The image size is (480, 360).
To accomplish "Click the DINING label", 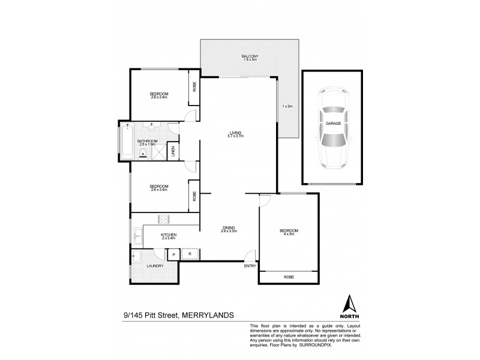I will pos(229,227).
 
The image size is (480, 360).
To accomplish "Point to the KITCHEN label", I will pos(167,234).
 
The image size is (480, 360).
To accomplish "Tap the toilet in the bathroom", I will pos(152,127).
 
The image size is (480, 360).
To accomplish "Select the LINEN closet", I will pos(174,152).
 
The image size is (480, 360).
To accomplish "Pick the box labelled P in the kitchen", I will pos(173,254).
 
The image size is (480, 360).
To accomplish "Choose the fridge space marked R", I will pos(190,254).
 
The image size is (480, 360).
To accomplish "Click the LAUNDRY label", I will pos(155,265).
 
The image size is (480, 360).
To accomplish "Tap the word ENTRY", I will pos(249,266).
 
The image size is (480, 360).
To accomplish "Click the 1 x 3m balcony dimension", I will pos(287,106).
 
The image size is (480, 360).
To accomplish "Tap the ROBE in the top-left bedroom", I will pos(194,85).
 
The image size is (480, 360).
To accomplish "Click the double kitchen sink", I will pos(137,236).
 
